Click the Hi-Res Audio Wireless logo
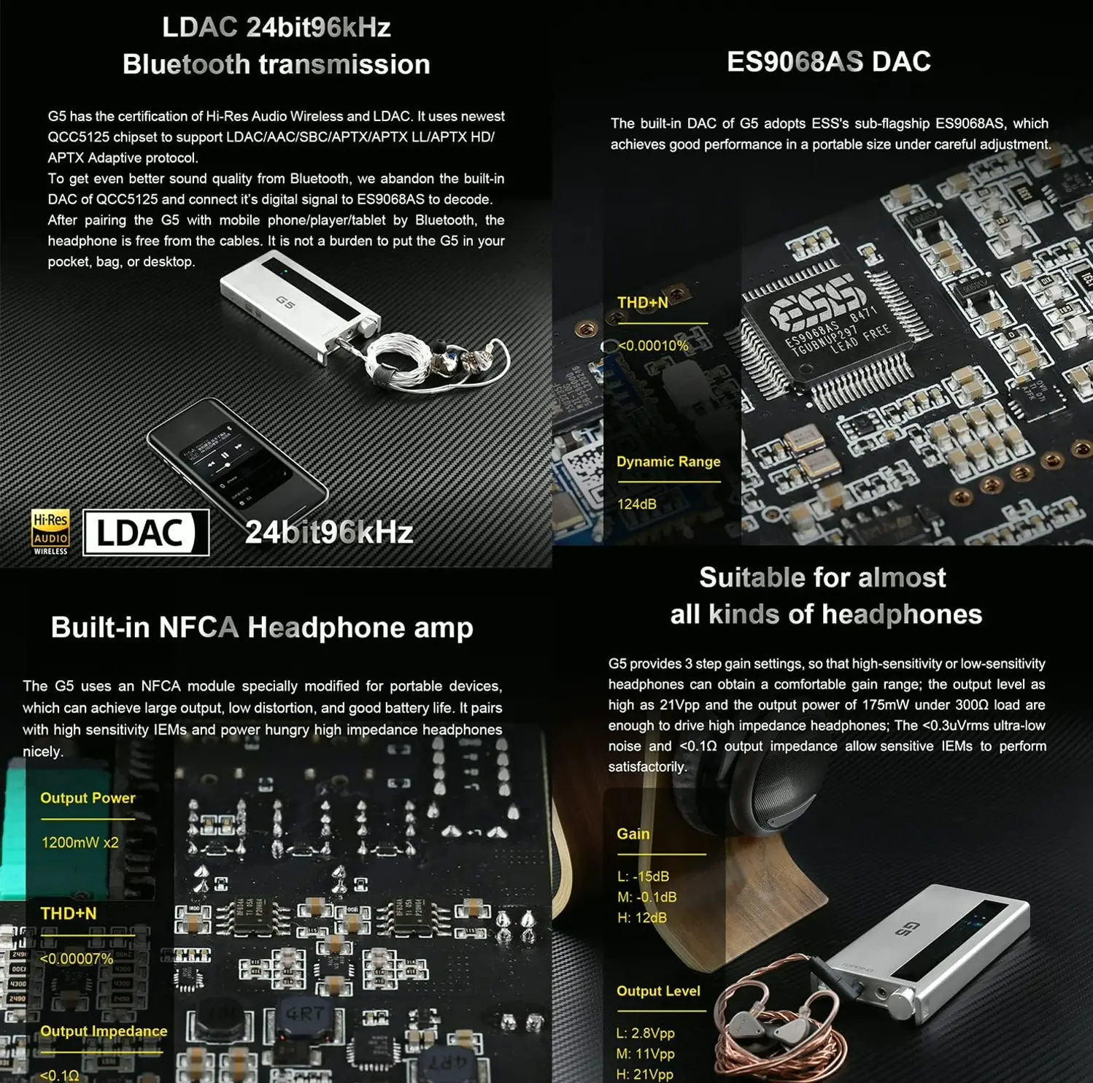tap(50, 531)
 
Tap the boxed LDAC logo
tap(145, 533)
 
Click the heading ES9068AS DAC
tap(828, 61)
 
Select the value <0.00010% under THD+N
tap(652, 346)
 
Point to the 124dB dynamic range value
tap(636, 504)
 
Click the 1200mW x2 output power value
tap(80, 842)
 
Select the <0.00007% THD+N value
tap(77, 959)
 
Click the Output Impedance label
tap(104, 1031)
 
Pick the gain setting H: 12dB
tap(641, 917)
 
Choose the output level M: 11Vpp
tap(645, 1054)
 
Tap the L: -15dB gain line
tap(643, 876)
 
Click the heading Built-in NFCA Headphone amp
tap(262, 628)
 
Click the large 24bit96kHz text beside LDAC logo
tap(328, 533)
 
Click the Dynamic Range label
tap(668, 461)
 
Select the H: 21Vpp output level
tap(644, 1074)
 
